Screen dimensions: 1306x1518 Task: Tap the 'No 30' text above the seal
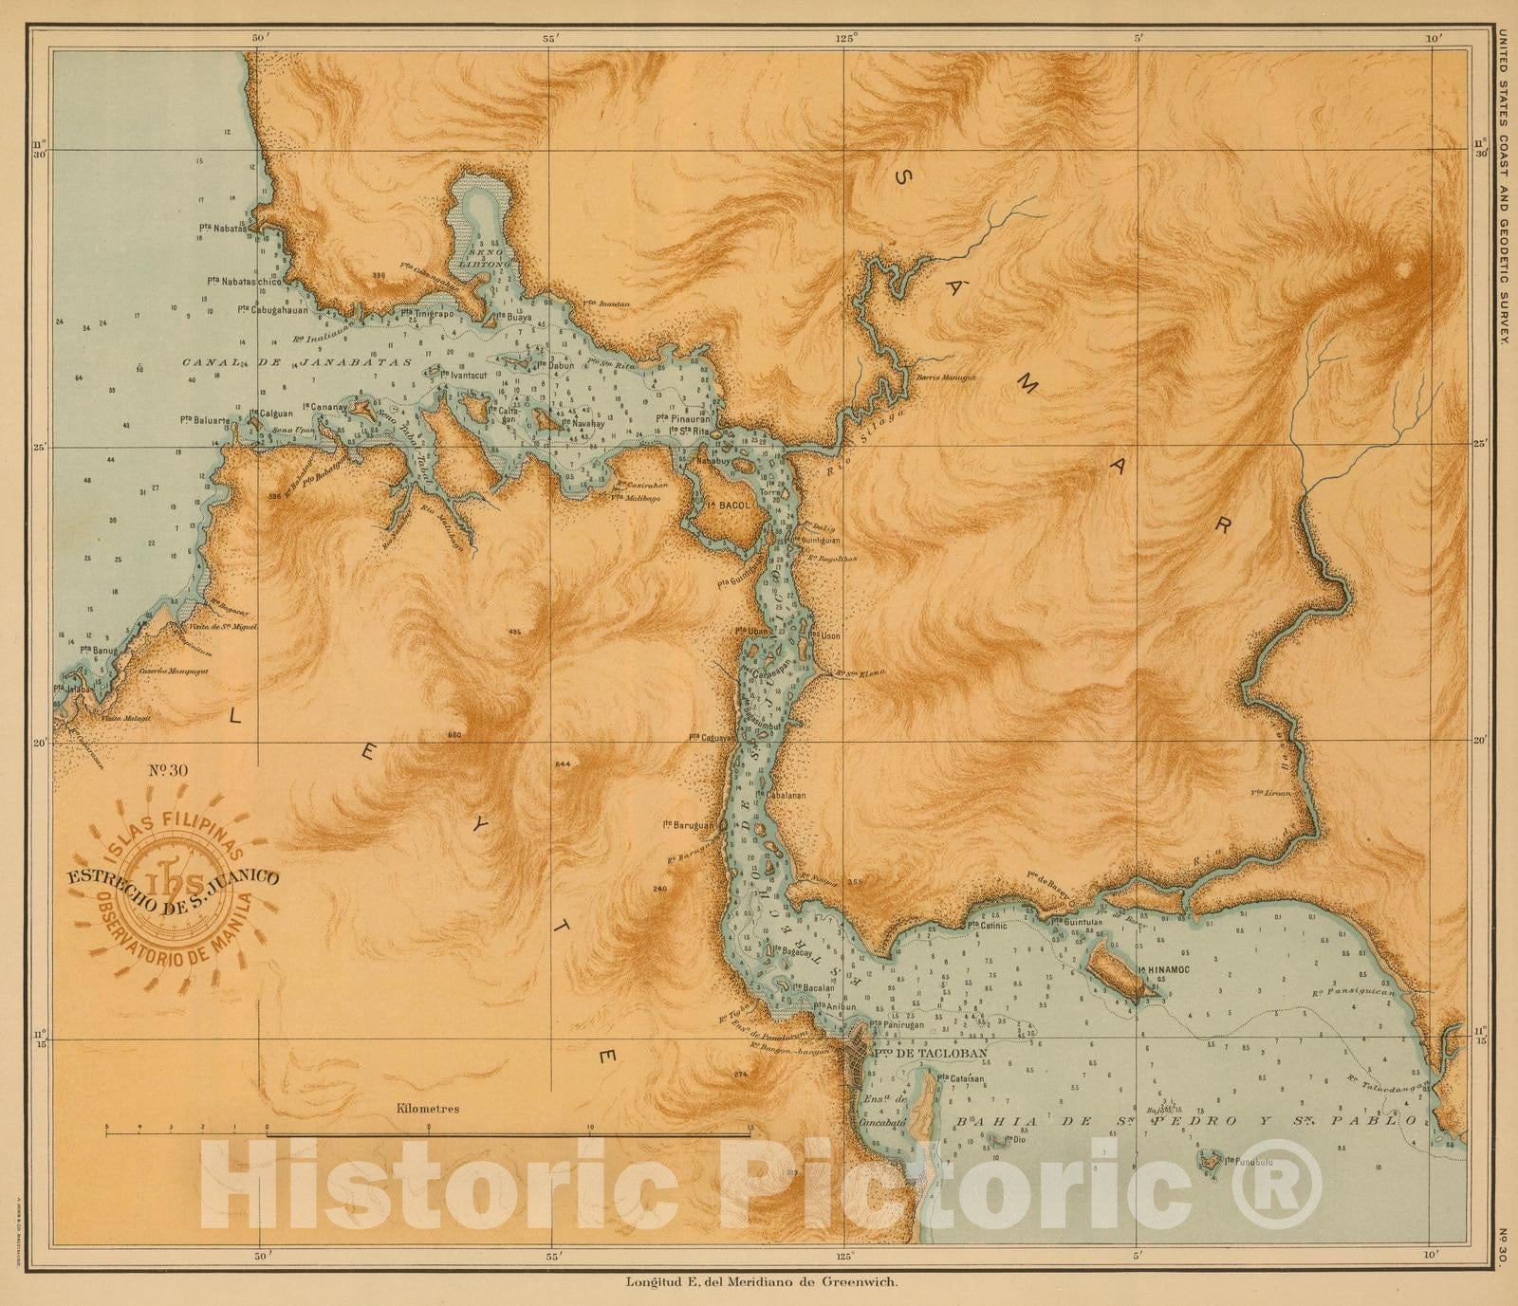point(170,768)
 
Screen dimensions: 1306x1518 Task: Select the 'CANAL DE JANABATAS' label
point(296,362)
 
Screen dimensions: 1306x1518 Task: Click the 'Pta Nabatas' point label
point(224,228)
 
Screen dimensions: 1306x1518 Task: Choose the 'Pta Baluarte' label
point(205,419)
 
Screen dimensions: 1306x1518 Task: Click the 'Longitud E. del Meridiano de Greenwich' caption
point(761,1282)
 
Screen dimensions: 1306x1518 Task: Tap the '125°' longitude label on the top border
point(846,38)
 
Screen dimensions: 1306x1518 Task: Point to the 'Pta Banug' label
point(98,650)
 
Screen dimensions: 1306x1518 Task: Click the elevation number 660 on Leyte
point(453,735)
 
